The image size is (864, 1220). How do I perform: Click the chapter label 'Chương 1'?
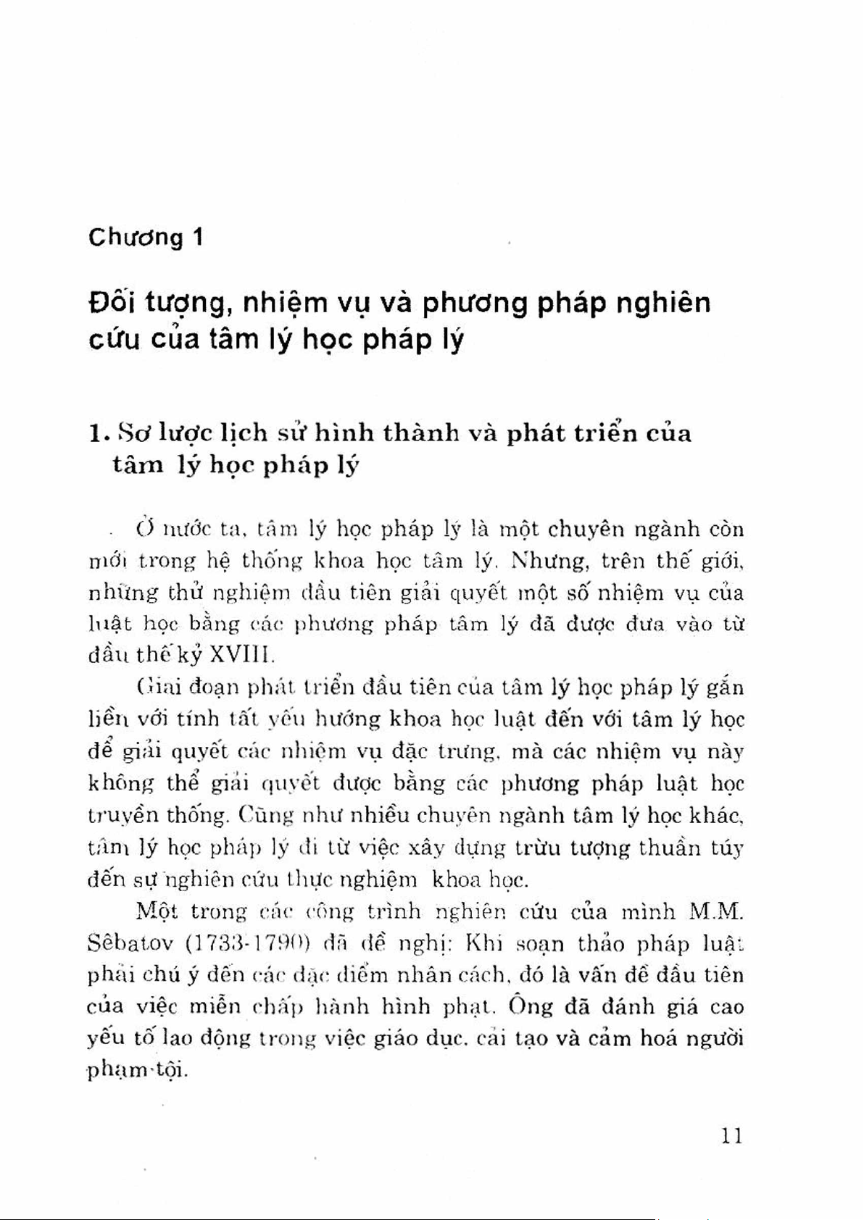tap(145, 238)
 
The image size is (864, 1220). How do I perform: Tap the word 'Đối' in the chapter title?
tap(110, 303)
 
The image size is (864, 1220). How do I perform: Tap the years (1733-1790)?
tap(248, 944)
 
